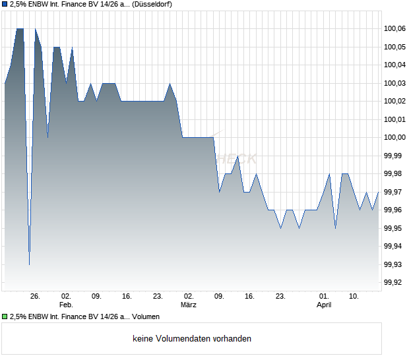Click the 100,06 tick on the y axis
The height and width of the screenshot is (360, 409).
point(394,28)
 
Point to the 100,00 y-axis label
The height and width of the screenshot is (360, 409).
point(394,137)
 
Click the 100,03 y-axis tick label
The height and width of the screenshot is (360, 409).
point(394,83)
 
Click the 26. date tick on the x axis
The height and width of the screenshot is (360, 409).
point(35,297)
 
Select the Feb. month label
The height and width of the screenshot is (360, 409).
point(65,305)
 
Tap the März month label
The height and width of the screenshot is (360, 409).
point(189,305)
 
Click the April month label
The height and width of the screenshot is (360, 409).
point(324,305)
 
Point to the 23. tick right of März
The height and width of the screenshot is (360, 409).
point(280,297)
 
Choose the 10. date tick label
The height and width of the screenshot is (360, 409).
point(354,297)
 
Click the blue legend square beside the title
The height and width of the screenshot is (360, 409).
point(5,5)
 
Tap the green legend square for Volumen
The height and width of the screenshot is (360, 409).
point(5,316)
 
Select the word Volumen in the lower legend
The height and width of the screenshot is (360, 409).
point(146,316)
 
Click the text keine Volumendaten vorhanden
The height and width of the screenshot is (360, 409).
point(192,339)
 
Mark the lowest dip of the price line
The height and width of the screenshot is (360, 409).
point(29,264)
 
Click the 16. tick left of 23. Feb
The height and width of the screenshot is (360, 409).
point(127,297)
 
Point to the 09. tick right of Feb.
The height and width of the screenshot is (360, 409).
point(96,297)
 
